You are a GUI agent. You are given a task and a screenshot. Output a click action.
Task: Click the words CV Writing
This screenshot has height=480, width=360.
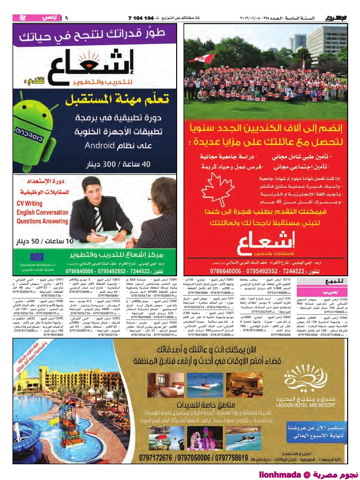pos(30,203)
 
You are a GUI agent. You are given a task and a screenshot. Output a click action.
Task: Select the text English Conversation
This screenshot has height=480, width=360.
pos(42,212)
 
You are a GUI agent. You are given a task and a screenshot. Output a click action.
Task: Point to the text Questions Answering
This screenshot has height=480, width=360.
pos(42,221)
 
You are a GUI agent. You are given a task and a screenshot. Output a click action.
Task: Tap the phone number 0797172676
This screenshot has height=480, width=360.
pos(157,457)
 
